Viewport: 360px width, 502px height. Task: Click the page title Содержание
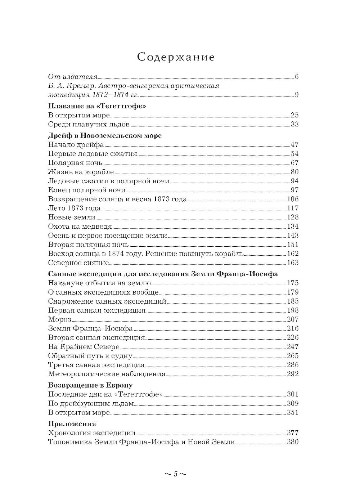pyautogui.click(x=176, y=57)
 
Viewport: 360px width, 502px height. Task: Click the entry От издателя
pyautogui.click(x=73, y=77)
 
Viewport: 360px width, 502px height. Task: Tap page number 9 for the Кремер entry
pyautogui.click(x=296, y=95)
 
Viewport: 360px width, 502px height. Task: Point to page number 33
pyautogui.click(x=294, y=125)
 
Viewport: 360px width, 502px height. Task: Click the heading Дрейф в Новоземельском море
pyautogui.click(x=105, y=136)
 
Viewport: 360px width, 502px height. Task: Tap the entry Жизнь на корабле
pyautogui.click(x=81, y=172)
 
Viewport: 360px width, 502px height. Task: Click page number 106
pyautogui.click(x=293, y=199)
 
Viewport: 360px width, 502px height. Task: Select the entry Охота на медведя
pyautogui.click(x=80, y=227)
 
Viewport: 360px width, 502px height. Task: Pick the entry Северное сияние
pyautogui.click(x=78, y=263)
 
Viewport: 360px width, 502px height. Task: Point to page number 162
pyautogui.click(x=293, y=254)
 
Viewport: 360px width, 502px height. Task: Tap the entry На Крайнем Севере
pyautogui.click(x=84, y=347)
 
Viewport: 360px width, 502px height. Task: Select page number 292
pyautogui.click(x=293, y=374)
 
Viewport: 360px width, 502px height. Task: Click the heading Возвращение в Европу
pyautogui.click(x=90, y=385)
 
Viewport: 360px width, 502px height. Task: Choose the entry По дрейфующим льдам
pyautogui.click(x=91, y=403)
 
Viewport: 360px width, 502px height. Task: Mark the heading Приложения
pyautogui.click(x=72, y=423)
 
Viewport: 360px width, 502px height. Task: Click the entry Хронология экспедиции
pyautogui.click(x=92, y=433)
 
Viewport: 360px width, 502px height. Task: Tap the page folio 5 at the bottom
pyautogui.click(x=176, y=474)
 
